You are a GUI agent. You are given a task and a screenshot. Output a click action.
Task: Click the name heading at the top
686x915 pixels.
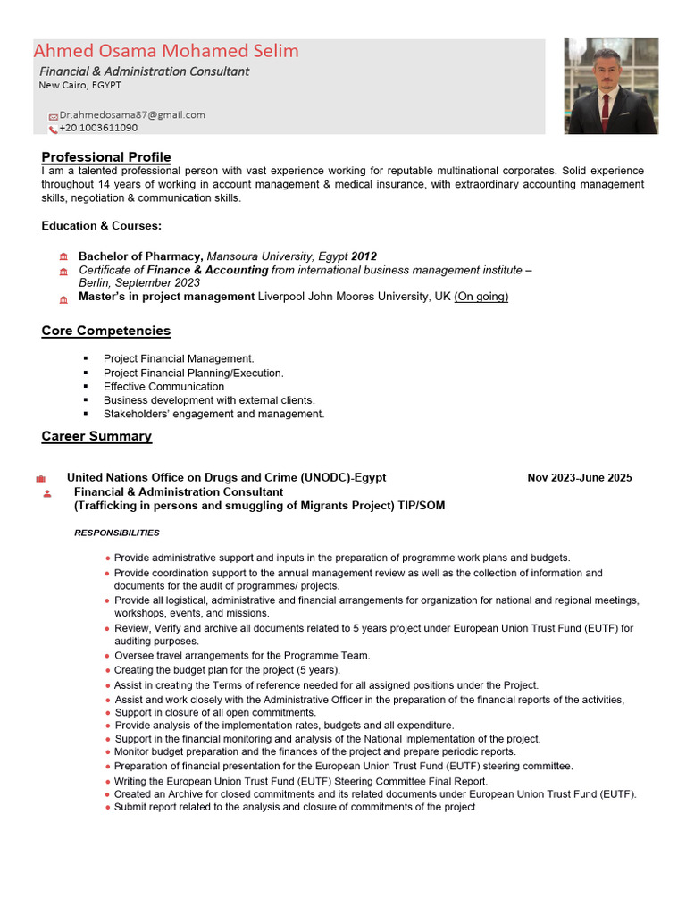pos(166,51)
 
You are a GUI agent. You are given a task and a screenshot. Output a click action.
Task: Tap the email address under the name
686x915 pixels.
pos(132,115)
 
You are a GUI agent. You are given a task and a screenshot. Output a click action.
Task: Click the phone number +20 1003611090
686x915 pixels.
pos(98,129)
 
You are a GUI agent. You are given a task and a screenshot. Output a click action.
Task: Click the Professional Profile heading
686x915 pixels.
pos(105,157)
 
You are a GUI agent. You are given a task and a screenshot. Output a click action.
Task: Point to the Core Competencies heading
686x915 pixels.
pos(105,331)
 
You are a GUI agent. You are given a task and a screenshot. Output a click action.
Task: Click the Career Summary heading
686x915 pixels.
pos(96,436)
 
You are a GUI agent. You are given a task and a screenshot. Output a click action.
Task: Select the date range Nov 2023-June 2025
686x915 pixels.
pos(579,478)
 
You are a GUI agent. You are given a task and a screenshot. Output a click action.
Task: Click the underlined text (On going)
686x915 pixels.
pos(481,297)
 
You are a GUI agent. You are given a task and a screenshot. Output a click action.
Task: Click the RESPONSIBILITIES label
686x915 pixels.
pos(117,533)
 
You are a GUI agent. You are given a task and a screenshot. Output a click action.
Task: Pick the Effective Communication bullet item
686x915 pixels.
pos(163,387)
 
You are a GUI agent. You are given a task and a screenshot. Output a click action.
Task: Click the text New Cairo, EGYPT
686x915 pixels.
pos(79,86)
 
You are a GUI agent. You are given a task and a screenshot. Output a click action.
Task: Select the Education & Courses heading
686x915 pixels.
pos(101,226)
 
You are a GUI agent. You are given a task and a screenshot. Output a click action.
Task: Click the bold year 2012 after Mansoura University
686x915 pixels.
pos(364,256)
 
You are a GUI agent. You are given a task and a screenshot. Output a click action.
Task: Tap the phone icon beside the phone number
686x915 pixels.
pos(54,130)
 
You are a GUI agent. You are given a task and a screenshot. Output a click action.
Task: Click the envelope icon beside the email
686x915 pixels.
pos(54,116)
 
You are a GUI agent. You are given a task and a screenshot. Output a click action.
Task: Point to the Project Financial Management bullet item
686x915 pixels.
pos(179,359)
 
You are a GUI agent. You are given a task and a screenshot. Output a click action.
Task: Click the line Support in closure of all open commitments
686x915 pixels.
pos(215,713)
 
